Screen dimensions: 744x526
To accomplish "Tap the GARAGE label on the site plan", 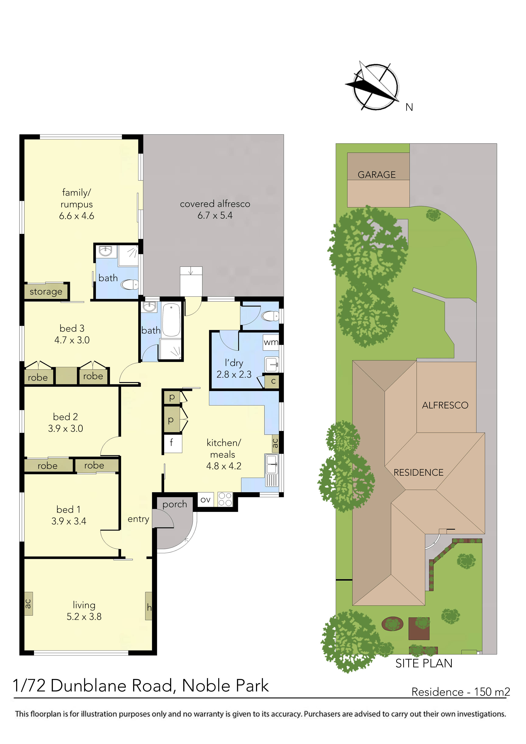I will (377, 175).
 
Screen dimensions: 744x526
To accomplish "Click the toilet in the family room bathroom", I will (130, 284).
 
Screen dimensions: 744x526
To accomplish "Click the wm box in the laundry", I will (271, 342).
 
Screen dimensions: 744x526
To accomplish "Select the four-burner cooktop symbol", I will (225, 499).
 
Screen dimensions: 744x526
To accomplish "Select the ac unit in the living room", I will (28, 603).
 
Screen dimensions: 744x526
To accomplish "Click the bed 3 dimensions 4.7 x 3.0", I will (72, 340).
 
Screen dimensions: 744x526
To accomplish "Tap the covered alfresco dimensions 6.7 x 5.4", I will (215, 215).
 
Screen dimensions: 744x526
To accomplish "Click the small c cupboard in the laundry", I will (273, 381).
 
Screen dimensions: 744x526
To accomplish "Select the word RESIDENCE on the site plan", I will (418, 473).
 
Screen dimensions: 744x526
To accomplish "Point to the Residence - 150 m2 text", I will (460, 692).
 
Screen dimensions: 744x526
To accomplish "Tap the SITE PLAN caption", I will (424, 663).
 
